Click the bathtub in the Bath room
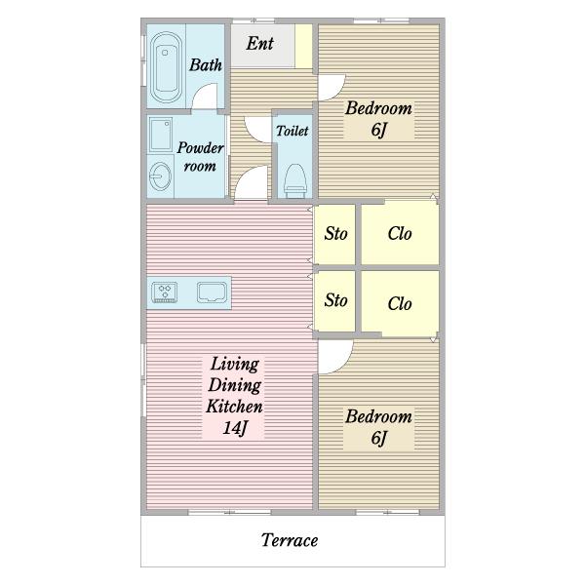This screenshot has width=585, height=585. (166, 67)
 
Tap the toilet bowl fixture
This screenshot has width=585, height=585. (295, 181)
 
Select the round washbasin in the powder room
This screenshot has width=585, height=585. (160, 176)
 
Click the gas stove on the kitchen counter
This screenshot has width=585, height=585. (165, 292)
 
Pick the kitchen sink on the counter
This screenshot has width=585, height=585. (212, 292)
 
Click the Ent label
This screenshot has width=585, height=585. (260, 43)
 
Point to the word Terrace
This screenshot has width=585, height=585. (290, 540)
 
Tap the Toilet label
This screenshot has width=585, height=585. (292, 131)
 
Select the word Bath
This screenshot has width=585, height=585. (206, 65)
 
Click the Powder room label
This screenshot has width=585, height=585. (200, 157)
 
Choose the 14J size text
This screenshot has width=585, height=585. (235, 428)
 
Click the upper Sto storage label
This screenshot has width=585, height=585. (335, 234)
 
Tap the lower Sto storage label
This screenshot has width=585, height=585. (335, 300)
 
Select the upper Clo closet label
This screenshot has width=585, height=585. (400, 234)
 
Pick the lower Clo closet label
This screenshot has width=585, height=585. (400, 303)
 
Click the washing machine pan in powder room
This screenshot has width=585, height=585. (161, 135)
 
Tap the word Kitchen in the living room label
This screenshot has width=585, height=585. (234, 407)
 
